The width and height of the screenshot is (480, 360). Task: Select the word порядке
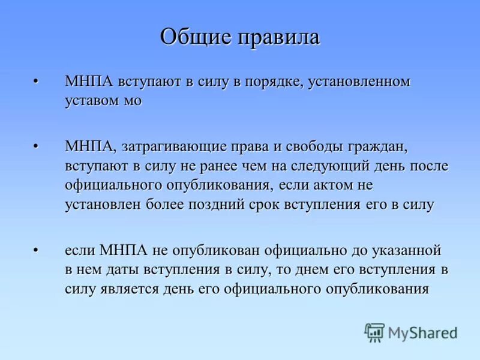point(272,82)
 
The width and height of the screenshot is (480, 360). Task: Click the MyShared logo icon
point(374,332)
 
